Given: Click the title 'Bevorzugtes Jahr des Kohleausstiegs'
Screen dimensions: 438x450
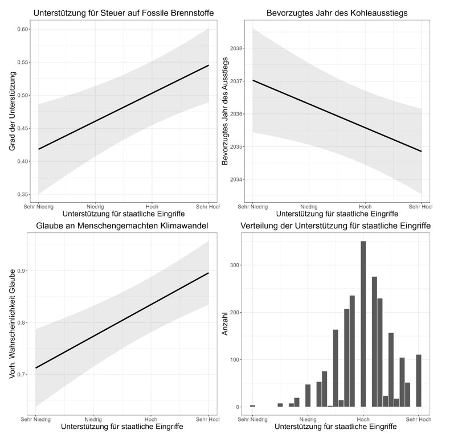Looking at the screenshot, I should click(337, 13).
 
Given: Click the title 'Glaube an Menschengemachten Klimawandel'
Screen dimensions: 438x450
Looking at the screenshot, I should click(117, 227).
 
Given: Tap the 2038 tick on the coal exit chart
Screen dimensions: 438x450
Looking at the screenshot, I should click(236, 48).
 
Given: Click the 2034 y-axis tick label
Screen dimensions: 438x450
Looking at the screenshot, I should click(236, 180).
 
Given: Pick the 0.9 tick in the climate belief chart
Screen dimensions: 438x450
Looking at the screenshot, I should click(21, 271).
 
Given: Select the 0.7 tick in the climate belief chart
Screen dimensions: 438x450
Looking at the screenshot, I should click(21, 374).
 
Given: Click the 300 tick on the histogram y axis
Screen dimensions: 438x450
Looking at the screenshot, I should click(236, 265).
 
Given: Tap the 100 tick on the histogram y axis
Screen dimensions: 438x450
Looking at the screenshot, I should click(236, 359).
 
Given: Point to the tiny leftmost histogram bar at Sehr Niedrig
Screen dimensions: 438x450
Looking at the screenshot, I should click(252, 406).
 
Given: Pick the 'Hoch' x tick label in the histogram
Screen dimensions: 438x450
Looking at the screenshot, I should click(363, 419).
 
